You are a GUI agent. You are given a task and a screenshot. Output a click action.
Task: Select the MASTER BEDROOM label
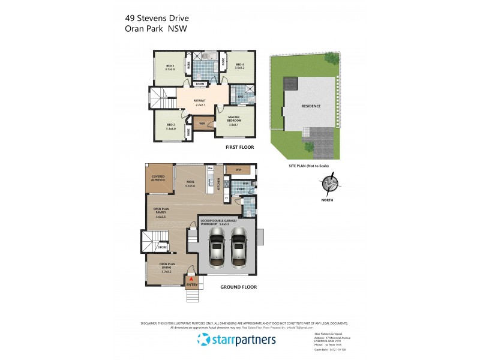[x=234, y=119]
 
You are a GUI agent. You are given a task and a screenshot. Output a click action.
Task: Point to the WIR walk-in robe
[x=194, y=123]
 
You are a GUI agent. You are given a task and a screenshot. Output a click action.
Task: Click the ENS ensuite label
[x=241, y=96]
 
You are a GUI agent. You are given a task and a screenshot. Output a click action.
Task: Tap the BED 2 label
[x=170, y=126]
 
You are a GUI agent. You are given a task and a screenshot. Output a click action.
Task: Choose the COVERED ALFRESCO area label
[x=158, y=178]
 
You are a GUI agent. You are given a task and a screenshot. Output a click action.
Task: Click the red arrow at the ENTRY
[x=191, y=279]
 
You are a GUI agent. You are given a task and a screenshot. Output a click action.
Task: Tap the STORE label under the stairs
[x=162, y=247]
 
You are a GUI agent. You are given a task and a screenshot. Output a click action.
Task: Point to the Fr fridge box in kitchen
[x=226, y=197]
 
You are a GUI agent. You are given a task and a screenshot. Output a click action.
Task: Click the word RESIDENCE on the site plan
[x=311, y=106]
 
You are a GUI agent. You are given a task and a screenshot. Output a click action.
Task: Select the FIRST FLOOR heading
[x=239, y=147]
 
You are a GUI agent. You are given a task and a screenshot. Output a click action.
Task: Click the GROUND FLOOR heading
[x=238, y=287]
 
